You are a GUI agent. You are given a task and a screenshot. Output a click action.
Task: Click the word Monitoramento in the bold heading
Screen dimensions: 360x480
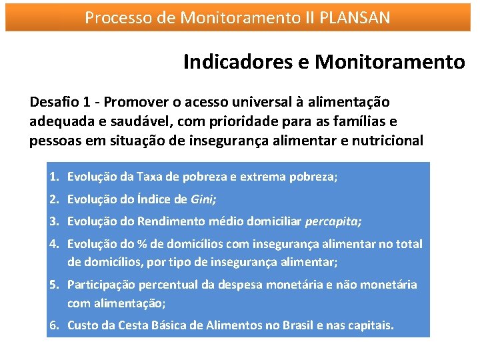click(389, 62)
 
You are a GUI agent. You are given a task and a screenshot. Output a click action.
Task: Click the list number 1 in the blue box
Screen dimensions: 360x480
click(53, 177)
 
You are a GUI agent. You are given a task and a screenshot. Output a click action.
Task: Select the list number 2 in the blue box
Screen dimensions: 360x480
click(53, 199)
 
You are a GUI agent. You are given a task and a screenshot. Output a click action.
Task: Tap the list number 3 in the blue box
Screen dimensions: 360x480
click(53, 221)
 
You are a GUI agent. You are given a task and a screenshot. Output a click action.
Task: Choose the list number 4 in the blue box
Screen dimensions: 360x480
click(53, 243)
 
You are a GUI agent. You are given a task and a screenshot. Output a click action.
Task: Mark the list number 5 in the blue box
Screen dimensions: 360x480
click(53, 285)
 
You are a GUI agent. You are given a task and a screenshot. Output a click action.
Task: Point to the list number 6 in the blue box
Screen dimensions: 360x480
click(53, 325)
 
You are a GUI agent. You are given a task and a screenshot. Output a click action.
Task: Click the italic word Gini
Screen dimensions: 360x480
click(203, 199)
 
